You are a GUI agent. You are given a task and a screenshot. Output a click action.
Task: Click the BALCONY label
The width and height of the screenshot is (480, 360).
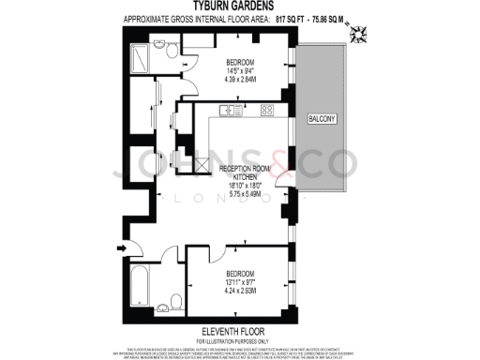(322, 121)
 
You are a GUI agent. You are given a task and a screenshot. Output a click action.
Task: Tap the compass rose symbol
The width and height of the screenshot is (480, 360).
(358, 36)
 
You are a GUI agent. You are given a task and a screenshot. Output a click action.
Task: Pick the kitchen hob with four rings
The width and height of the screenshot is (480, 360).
(266, 111)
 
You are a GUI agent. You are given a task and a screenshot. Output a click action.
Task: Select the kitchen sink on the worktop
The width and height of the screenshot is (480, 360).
(228, 112)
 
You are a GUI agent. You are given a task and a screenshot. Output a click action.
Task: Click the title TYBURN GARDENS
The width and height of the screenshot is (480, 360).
(239, 6)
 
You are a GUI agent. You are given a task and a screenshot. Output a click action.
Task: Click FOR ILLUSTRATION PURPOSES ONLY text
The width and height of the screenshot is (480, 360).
(239, 341)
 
